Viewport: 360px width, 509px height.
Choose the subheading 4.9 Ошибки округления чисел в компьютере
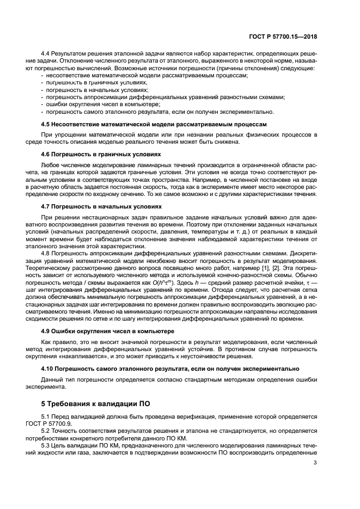click(x=108, y=330)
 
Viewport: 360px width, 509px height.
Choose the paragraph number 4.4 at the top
click(x=46, y=54)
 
